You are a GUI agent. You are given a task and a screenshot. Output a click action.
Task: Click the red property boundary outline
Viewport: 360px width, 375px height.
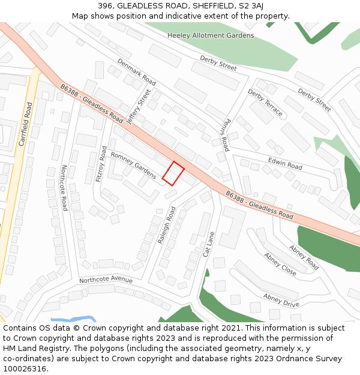point(173,173)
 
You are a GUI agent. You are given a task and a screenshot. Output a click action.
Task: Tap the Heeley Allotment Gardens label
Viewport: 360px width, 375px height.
point(210,35)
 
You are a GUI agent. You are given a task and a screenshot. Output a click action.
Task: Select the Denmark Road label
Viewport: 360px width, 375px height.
point(136,71)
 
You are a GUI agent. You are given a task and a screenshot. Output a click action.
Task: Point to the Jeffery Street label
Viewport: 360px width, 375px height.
point(139,106)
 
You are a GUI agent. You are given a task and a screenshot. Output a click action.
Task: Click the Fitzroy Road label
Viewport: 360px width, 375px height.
point(103,164)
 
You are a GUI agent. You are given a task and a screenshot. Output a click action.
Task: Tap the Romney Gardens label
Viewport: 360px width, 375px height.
point(133,165)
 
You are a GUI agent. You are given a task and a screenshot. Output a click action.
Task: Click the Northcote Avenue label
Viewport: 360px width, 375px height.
point(106,280)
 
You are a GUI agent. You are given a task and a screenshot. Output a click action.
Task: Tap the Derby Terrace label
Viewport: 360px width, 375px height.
point(265,103)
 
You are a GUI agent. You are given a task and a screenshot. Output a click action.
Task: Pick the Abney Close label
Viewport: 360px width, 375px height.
point(280,263)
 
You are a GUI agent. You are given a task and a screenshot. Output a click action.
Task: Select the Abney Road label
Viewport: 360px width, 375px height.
point(304,256)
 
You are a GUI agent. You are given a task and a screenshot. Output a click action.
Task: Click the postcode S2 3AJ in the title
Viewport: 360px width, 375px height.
point(250,6)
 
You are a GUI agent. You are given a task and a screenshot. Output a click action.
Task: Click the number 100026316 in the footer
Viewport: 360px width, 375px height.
point(26,368)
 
